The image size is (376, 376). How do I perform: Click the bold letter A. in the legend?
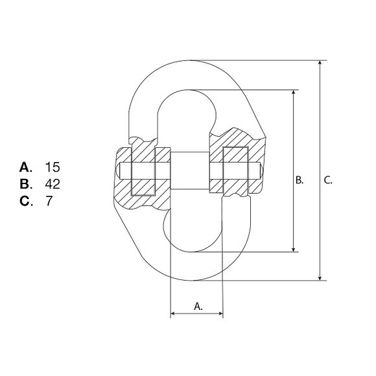coord(26,167)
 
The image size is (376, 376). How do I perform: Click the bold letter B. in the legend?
coord(26,184)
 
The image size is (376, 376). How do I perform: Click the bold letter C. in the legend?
coord(26,201)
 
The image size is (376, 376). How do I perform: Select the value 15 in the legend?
coord(53,167)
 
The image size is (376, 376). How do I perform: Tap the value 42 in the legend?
coord(53,184)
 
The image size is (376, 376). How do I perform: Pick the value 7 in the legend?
coord(49,201)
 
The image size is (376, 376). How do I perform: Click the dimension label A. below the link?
coord(198,306)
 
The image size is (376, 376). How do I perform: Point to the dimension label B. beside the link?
coord(300,180)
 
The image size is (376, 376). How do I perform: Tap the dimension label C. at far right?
coord(328,180)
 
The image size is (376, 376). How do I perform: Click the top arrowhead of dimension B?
coord(293,92)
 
